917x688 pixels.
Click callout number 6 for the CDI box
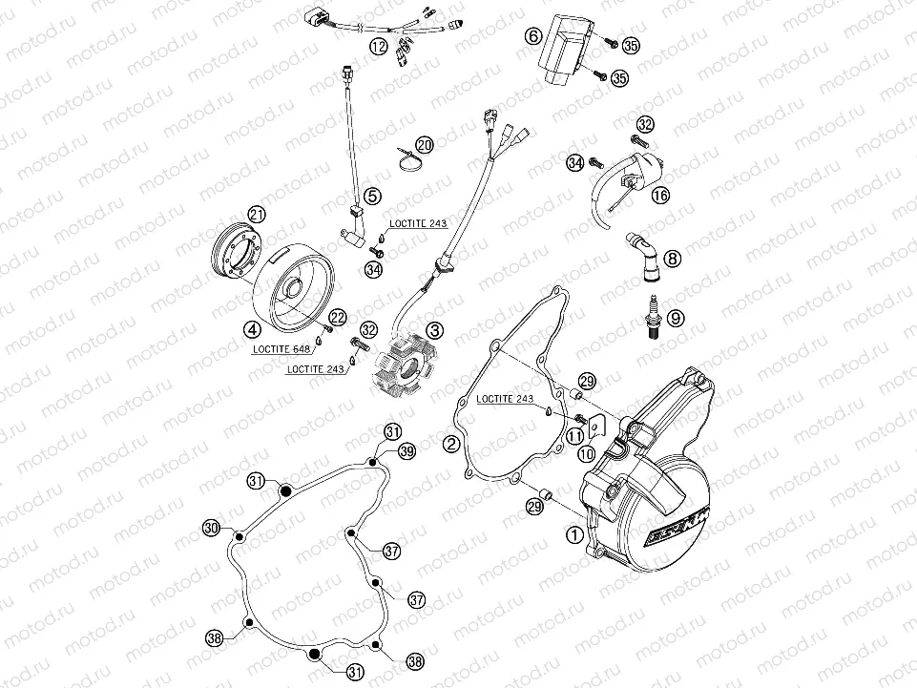(534, 35)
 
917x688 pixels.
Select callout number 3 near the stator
(435, 331)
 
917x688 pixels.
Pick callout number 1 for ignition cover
(573, 535)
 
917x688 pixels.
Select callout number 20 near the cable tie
(424, 145)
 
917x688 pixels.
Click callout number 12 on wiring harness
(379, 46)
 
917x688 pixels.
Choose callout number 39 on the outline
(406, 451)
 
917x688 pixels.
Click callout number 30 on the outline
(211, 528)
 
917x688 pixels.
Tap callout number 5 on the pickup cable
(371, 196)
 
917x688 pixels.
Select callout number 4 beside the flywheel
(253, 329)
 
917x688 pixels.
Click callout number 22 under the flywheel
(338, 317)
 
